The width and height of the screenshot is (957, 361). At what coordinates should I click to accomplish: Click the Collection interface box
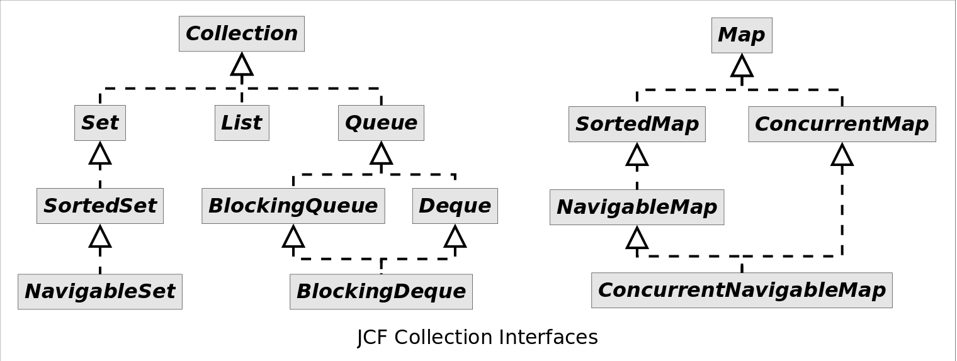pyautogui.click(x=242, y=34)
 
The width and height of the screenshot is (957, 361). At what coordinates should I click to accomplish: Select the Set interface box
pyautogui.click(x=100, y=123)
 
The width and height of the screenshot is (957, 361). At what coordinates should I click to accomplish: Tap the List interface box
pyautogui.click(x=242, y=123)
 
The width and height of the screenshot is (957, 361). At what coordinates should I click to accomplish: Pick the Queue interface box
pyautogui.click(x=381, y=123)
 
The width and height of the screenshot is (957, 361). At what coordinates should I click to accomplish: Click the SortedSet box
pyautogui.click(x=100, y=206)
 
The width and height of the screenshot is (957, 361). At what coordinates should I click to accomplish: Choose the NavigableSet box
pyautogui.click(x=100, y=292)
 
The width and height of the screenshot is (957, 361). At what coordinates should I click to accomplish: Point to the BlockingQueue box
pyautogui.click(x=293, y=206)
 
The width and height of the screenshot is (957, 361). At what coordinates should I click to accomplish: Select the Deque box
pyautogui.click(x=455, y=206)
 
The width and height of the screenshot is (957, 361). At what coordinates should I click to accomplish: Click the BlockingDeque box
pyautogui.click(x=381, y=292)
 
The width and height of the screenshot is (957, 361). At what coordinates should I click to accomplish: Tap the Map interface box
pyautogui.click(x=742, y=35)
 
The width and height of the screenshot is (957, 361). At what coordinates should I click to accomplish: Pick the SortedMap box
pyautogui.click(x=637, y=124)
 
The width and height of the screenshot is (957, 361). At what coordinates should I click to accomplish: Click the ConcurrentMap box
pyautogui.click(x=842, y=124)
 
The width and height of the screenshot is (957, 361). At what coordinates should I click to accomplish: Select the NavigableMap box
pyautogui.click(x=637, y=207)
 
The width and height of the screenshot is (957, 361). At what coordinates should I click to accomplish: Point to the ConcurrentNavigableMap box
pyautogui.click(x=742, y=290)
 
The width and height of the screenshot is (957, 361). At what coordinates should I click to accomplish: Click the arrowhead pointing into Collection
pyautogui.click(x=242, y=65)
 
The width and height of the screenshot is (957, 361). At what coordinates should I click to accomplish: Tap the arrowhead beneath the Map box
pyautogui.click(x=742, y=66)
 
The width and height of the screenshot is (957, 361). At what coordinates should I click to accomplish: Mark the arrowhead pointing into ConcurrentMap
pyautogui.click(x=842, y=155)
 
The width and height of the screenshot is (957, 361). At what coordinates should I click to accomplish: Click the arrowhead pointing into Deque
pyautogui.click(x=455, y=236)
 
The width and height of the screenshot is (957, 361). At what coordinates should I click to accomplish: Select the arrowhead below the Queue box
pyautogui.click(x=381, y=153)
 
